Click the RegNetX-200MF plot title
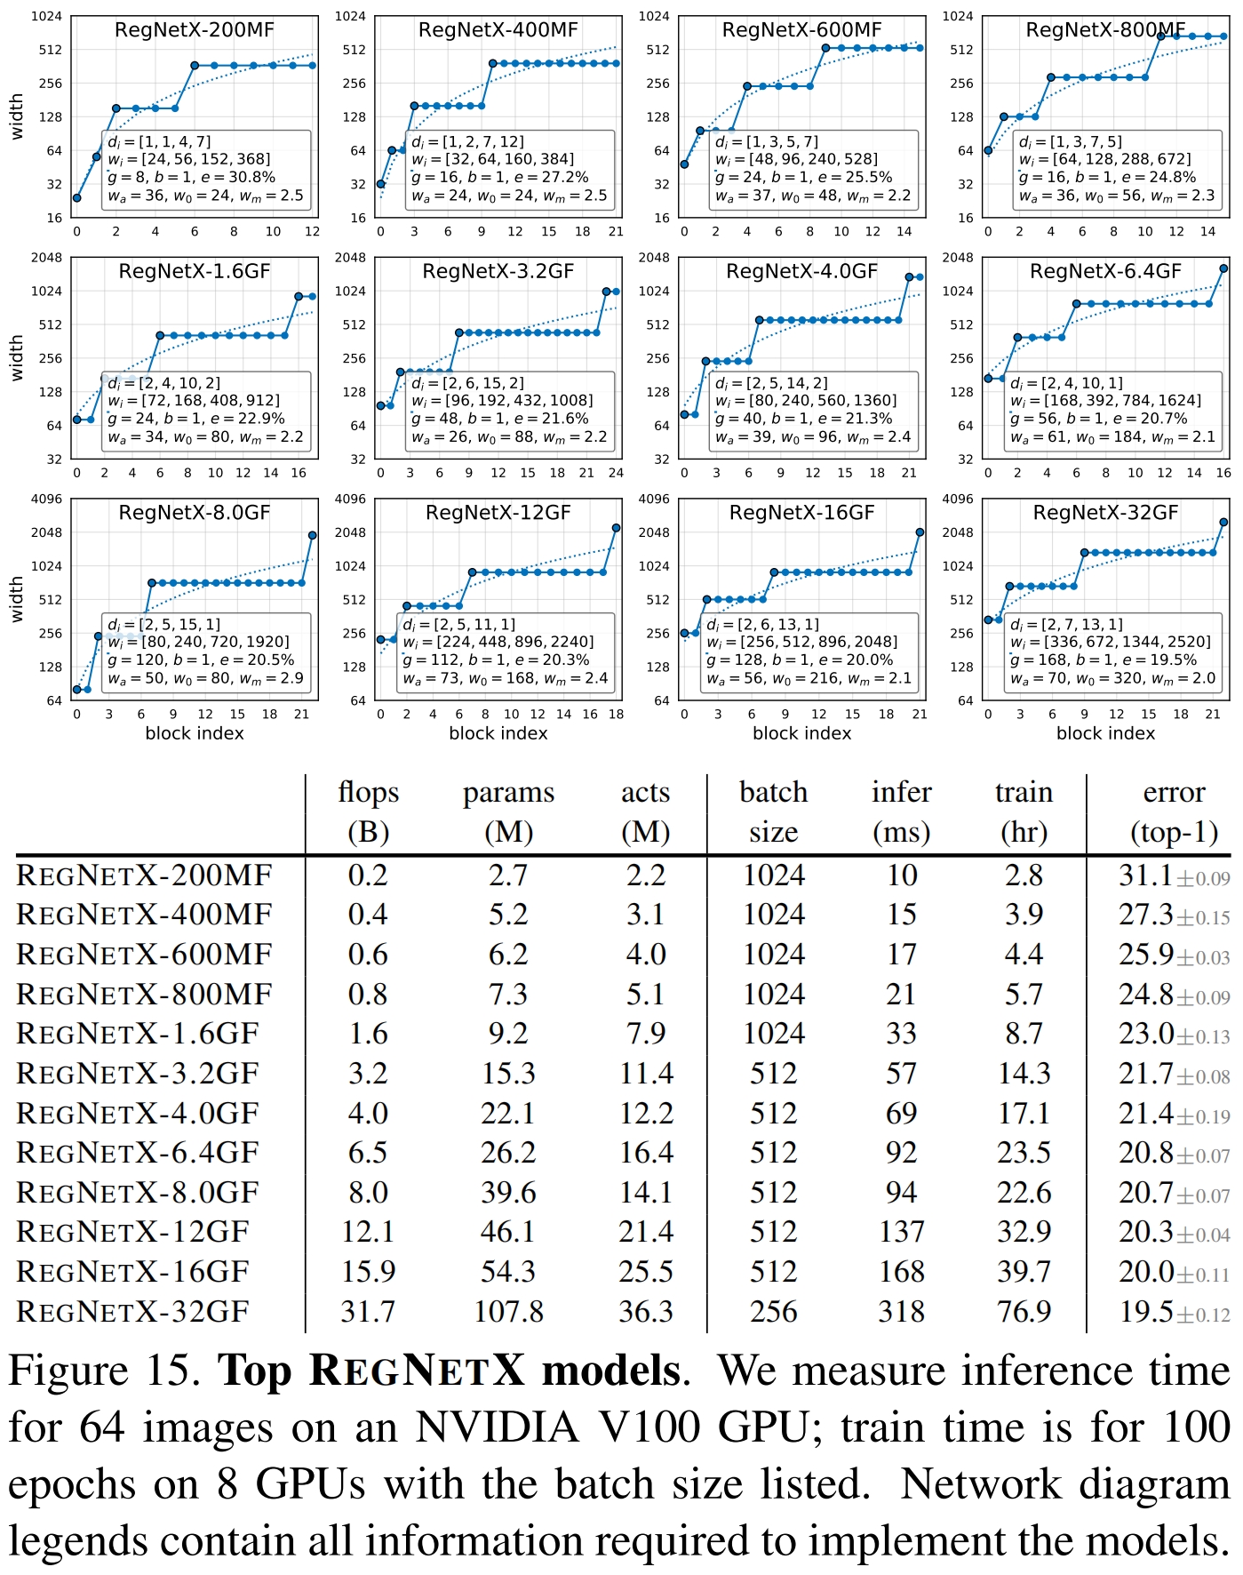tap(194, 30)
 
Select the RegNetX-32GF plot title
tap(1105, 513)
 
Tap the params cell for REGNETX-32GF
tap(508, 1311)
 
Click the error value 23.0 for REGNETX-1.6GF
tap(1146, 1034)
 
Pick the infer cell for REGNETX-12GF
tap(901, 1232)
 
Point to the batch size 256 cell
tap(773, 1311)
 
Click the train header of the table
tap(1024, 792)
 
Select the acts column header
tap(645, 792)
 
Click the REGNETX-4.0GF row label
tap(138, 1113)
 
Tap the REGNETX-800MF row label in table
tap(144, 994)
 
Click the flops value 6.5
tap(368, 1153)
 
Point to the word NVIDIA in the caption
tap(498, 1428)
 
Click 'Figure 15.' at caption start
tap(105, 1371)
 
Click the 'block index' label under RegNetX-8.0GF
tap(194, 733)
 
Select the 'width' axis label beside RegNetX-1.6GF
tap(16, 358)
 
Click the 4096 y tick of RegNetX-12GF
tap(350, 500)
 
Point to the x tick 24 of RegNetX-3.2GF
tap(616, 473)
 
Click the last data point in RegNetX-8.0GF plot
tap(313, 535)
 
